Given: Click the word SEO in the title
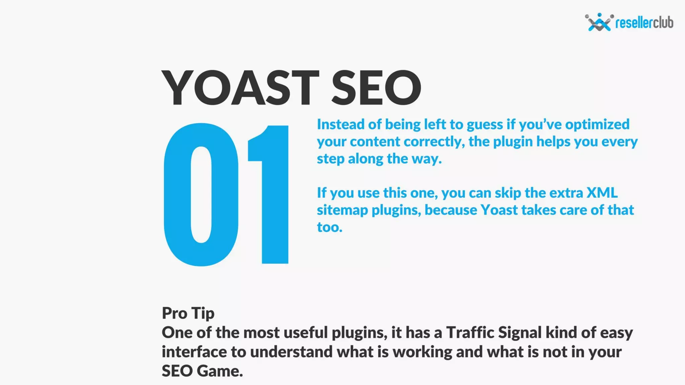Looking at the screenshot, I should (376, 88).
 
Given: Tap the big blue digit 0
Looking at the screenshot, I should (201, 195).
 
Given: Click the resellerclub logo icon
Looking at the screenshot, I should (599, 22).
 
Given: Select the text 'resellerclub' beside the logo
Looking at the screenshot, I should (644, 23).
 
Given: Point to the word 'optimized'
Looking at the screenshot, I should (597, 124).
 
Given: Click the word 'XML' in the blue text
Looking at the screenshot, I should (602, 193).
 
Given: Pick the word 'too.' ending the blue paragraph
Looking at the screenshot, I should (330, 227).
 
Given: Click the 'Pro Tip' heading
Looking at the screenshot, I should (188, 313).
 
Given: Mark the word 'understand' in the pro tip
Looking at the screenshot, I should (291, 352).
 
